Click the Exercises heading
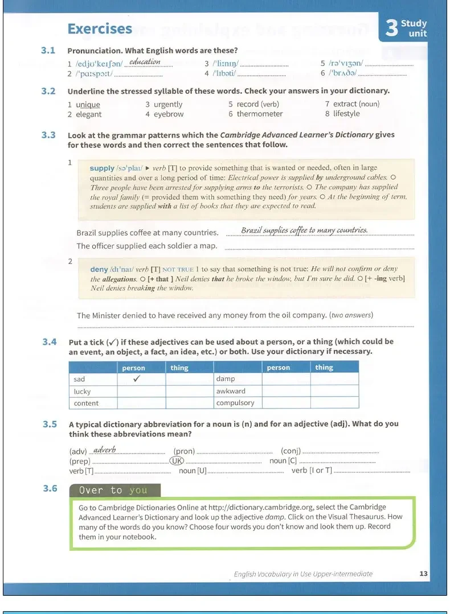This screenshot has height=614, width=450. (100, 29)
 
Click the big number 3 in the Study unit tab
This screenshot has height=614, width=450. (391, 28)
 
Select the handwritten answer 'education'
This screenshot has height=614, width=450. (145, 62)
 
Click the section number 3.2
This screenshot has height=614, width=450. (48, 91)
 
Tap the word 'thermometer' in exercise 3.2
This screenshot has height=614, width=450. (260, 114)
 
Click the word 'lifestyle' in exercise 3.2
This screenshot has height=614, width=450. (346, 114)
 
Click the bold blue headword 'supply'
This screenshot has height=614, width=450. (102, 168)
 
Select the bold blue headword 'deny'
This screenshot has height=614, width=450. (99, 269)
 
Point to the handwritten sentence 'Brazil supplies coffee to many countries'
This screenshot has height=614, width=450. (304, 230)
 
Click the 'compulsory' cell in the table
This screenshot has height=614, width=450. (235, 403)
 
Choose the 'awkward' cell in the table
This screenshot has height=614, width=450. (231, 392)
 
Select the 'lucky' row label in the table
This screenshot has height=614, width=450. (83, 392)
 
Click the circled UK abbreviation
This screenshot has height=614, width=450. (178, 461)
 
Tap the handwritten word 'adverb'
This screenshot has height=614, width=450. (104, 450)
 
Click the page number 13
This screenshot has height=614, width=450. (423, 574)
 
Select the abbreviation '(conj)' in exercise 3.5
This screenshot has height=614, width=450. (291, 451)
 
